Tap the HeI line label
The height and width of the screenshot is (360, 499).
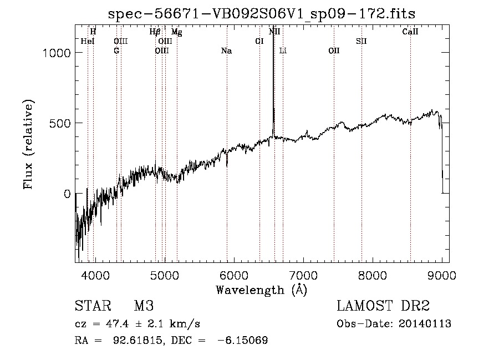[x=88, y=41]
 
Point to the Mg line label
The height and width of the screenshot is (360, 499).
[x=176, y=32]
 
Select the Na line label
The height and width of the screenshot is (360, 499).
[x=226, y=51]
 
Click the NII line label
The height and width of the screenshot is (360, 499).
[x=274, y=32]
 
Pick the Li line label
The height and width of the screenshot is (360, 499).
[x=283, y=51]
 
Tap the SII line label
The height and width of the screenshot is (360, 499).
[x=361, y=41]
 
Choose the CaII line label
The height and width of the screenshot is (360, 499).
[x=410, y=32]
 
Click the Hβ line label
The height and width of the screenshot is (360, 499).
[x=155, y=32]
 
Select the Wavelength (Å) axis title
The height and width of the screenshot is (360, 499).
[x=261, y=290]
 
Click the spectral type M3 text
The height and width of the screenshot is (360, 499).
[x=144, y=306]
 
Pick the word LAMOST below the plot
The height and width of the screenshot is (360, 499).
[x=363, y=306]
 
